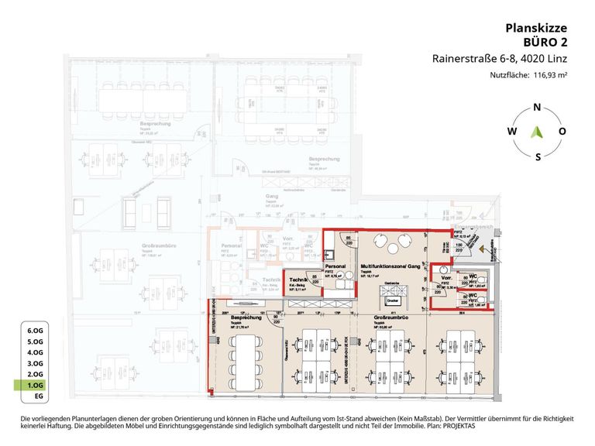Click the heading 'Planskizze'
(537, 28)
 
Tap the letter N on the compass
(537, 108)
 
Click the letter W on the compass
(511, 132)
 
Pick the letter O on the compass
(562, 132)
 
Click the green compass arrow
(537, 132)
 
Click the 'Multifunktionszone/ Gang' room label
(390, 266)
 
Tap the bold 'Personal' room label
(335, 266)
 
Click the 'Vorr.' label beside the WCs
(446, 277)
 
